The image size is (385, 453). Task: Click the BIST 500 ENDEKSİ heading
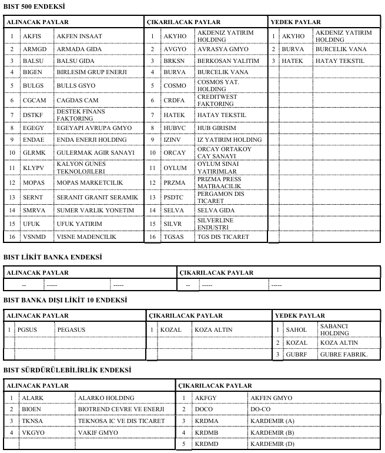(35, 6)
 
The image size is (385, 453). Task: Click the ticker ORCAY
(175, 152)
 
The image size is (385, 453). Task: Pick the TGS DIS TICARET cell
(223, 237)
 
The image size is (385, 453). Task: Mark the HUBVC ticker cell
(175, 128)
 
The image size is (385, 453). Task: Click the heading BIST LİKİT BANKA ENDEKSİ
(53, 257)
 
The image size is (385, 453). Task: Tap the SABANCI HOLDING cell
(334, 329)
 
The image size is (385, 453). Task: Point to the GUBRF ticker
(296, 354)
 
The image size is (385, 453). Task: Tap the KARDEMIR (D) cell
(272, 444)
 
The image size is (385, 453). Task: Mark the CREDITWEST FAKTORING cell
(216, 100)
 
